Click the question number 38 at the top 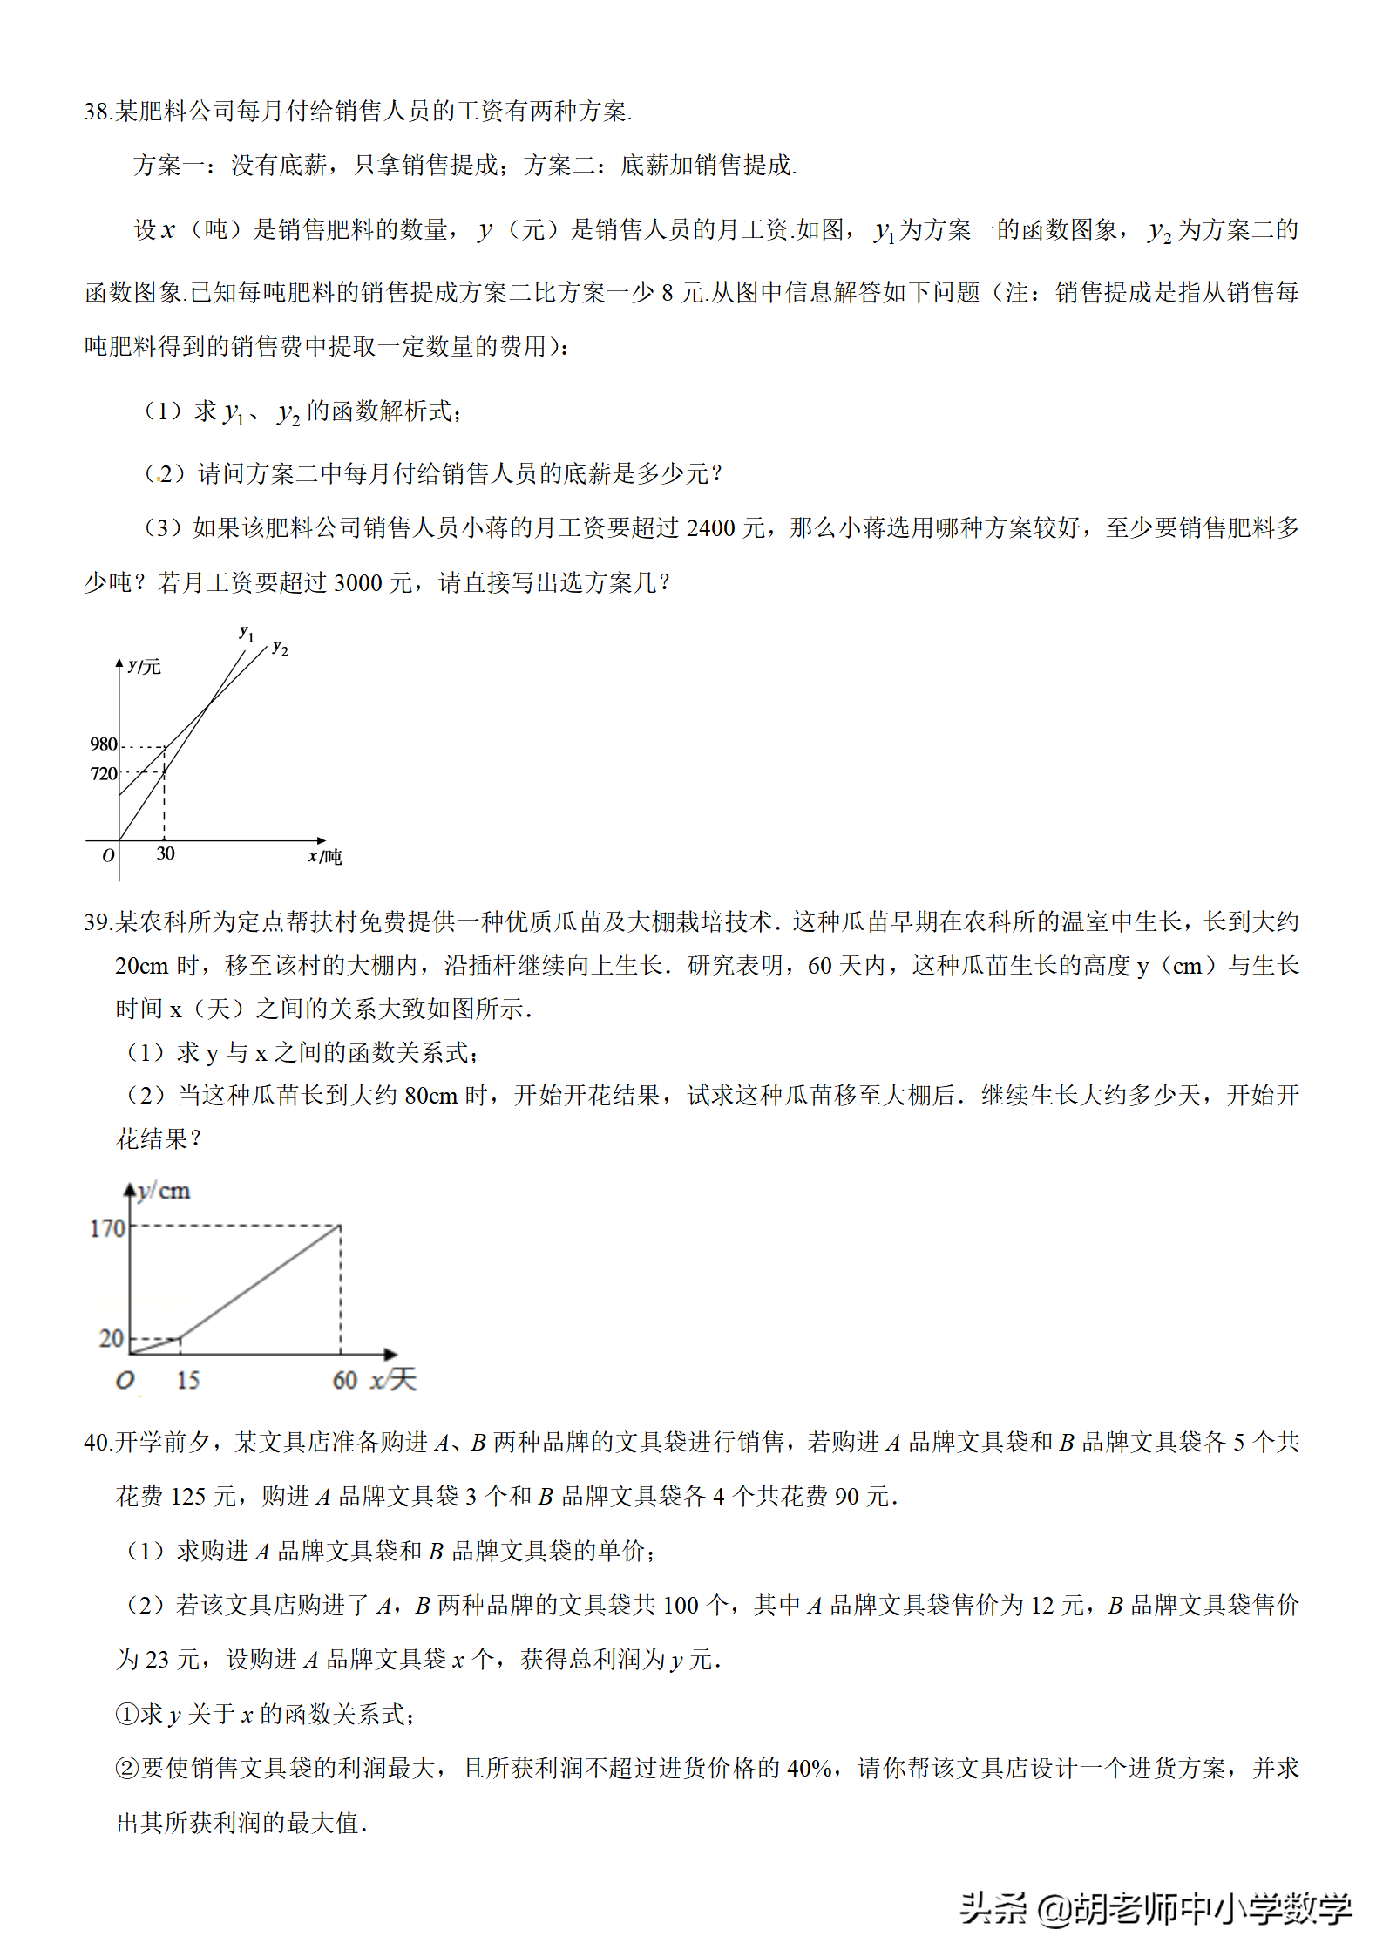96,112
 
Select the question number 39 96,921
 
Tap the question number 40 96,1443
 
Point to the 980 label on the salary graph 103,744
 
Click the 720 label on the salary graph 103,773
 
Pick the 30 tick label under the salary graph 166,853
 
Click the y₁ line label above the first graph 247,633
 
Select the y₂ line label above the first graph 280,648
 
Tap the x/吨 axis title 324,857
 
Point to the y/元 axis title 144,667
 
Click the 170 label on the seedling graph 108,1228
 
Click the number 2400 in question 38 710,528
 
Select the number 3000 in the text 358,583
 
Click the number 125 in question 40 187,1497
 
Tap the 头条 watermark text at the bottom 993,1908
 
